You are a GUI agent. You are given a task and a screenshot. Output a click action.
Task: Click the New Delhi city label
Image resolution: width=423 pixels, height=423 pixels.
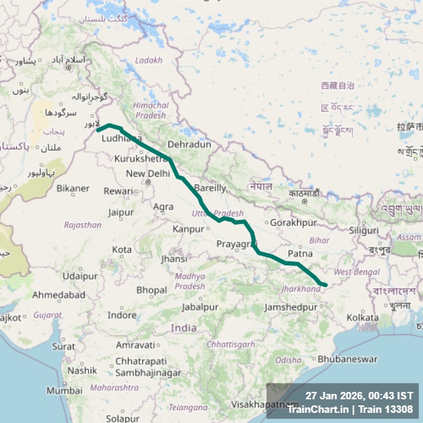(x=148, y=174)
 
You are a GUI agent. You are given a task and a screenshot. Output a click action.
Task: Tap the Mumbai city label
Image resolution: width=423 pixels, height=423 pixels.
(x=64, y=391)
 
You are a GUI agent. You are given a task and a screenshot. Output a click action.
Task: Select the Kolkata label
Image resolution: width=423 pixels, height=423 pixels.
(x=362, y=317)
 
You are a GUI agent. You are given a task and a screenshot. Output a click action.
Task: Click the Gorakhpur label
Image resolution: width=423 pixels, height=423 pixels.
(x=293, y=222)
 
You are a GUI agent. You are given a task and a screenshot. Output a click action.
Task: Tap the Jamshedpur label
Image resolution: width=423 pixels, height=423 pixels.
(x=291, y=307)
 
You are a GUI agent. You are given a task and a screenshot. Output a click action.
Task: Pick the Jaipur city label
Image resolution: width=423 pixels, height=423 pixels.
(x=120, y=213)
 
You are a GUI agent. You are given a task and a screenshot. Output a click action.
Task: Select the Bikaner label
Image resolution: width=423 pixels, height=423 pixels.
(x=72, y=188)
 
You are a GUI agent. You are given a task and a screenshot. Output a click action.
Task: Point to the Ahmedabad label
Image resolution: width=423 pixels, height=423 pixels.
(x=59, y=295)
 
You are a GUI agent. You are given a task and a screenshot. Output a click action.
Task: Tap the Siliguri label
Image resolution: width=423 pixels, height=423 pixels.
(x=364, y=230)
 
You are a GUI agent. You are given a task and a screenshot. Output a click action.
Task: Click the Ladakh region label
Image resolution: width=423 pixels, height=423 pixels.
(x=149, y=60)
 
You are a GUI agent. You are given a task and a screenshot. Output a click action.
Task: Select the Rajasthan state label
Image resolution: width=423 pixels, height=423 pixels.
(x=83, y=225)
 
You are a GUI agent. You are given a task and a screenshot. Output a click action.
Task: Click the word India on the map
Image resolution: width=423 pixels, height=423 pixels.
(x=183, y=328)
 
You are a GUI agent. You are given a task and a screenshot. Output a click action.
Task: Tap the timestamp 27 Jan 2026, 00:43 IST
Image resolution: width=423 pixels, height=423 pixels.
(x=359, y=395)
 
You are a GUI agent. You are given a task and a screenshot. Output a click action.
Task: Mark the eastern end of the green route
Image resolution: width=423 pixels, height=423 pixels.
(x=325, y=285)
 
